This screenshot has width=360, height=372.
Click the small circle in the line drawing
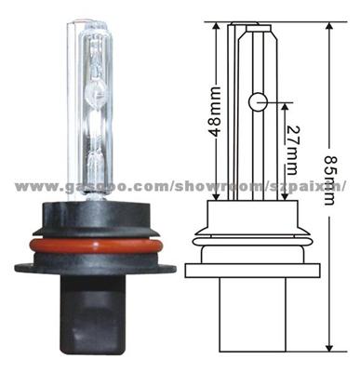pos(257,100)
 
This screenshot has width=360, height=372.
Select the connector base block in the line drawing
pos(253,316)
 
